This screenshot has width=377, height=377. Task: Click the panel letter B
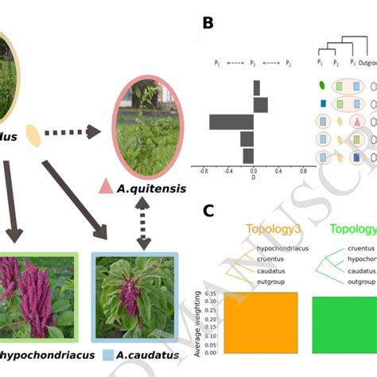click(x=208, y=23)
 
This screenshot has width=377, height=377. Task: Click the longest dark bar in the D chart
click(x=231, y=122)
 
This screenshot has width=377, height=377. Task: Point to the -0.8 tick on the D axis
click(x=204, y=171)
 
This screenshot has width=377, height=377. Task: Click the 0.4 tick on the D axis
click(x=278, y=171)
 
